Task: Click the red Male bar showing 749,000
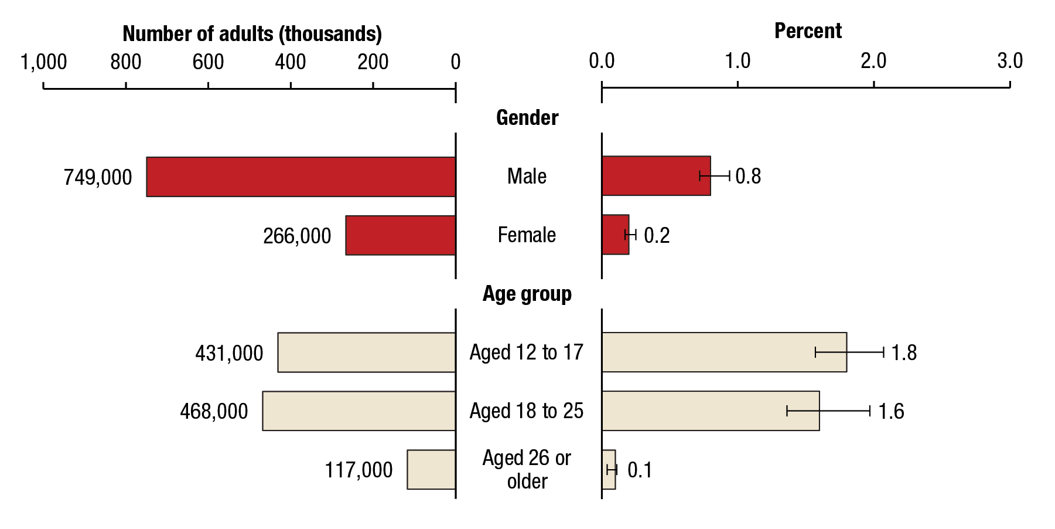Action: click(301, 177)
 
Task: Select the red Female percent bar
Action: click(615, 235)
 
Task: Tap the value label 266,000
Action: click(297, 236)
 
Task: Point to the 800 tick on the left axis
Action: click(126, 62)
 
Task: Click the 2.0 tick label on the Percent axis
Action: click(873, 61)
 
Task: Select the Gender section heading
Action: click(527, 118)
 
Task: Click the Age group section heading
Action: click(527, 294)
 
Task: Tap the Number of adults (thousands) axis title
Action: click(252, 34)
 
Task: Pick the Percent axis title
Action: click(808, 31)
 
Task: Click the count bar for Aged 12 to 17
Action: click(367, 352)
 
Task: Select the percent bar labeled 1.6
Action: click(710, 411)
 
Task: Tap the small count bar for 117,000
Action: click(431, 469)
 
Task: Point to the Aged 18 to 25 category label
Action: click(526, 411)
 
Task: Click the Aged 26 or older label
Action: click(527, 469)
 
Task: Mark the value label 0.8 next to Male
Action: click(748, 177)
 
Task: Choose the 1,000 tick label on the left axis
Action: click(43, 62)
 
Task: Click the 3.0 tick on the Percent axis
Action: click(1010, 61)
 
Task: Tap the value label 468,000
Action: click(214, 411)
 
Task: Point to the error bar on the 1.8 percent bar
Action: click(849, 352)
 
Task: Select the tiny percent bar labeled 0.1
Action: click(609, 469)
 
